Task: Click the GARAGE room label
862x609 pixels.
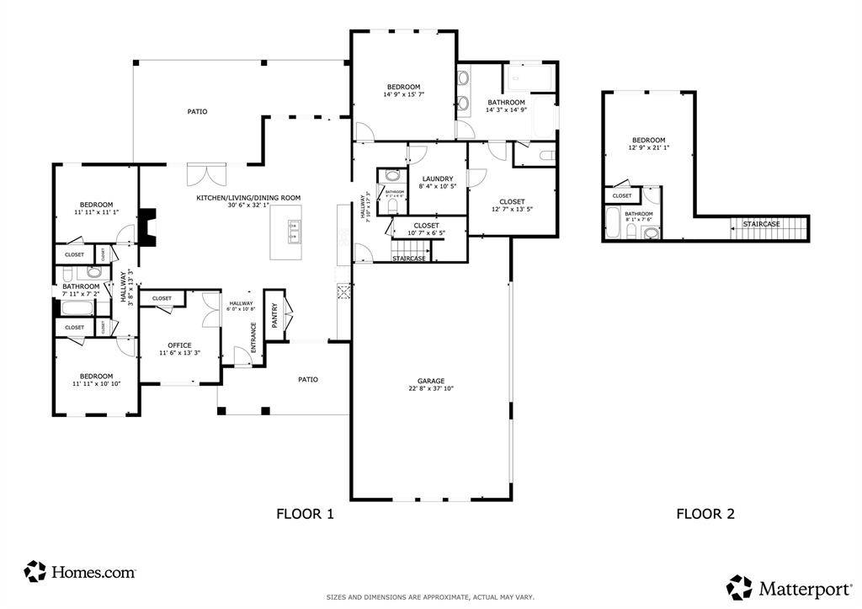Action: pos(430,381)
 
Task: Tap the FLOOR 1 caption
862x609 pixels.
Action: pos(306,514)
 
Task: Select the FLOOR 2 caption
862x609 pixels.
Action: pos(705,514)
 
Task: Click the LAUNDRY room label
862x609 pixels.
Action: pos(438,179)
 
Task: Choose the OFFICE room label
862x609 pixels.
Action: pos(179,345)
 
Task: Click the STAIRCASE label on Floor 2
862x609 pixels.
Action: pos(761,224)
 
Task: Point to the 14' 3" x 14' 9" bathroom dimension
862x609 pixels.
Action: pos(506,110)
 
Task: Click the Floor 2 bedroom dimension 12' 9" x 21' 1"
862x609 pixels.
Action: pos(648,148)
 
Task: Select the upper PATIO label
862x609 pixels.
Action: pos(197,111)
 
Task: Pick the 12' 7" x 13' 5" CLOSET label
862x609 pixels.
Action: pos(512,201)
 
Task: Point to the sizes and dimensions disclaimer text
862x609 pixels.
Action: pos(430,597)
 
